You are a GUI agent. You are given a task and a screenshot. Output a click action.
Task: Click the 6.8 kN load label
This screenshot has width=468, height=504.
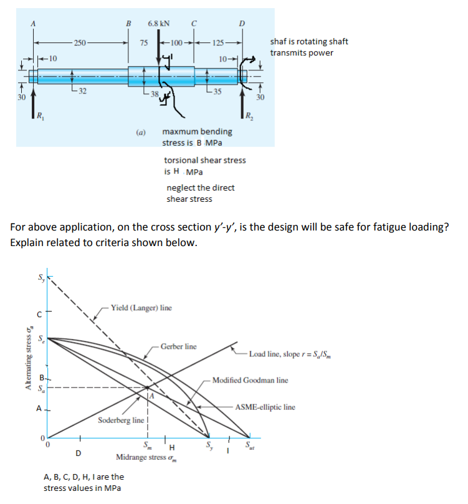point(160,24)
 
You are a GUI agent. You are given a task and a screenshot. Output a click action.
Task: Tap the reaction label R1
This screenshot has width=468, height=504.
point(40,115)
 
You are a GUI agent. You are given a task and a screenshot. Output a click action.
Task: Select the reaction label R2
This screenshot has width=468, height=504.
point(249,115)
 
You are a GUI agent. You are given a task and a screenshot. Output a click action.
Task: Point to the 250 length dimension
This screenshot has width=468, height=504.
point(80,42)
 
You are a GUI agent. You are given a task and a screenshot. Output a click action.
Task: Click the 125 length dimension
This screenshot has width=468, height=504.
point(218,42)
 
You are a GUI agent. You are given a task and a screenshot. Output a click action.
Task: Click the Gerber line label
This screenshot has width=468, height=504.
point(178,346)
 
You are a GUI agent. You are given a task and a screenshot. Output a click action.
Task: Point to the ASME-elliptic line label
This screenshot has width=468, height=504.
point(265,407)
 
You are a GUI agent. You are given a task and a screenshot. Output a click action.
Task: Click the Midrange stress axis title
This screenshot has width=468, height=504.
point(146,457)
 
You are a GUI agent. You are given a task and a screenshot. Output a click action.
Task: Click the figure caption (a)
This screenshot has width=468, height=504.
point(141,132)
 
